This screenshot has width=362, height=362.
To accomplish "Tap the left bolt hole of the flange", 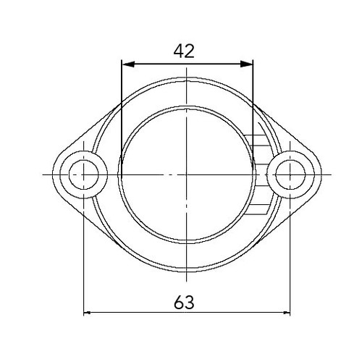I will [85, 174].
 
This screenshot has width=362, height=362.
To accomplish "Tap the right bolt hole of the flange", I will [290, 174].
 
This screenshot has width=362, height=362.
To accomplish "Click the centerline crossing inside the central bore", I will [188, 174].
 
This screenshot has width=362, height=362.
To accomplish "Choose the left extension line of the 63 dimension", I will [85, 253].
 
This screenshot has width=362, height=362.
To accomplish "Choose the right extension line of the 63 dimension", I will [290, 253].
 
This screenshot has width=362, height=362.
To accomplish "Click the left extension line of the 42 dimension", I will [121, 109].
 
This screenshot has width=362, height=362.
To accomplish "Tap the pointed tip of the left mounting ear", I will [53, 174].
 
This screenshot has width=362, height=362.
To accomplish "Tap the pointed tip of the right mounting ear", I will [323, 174].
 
